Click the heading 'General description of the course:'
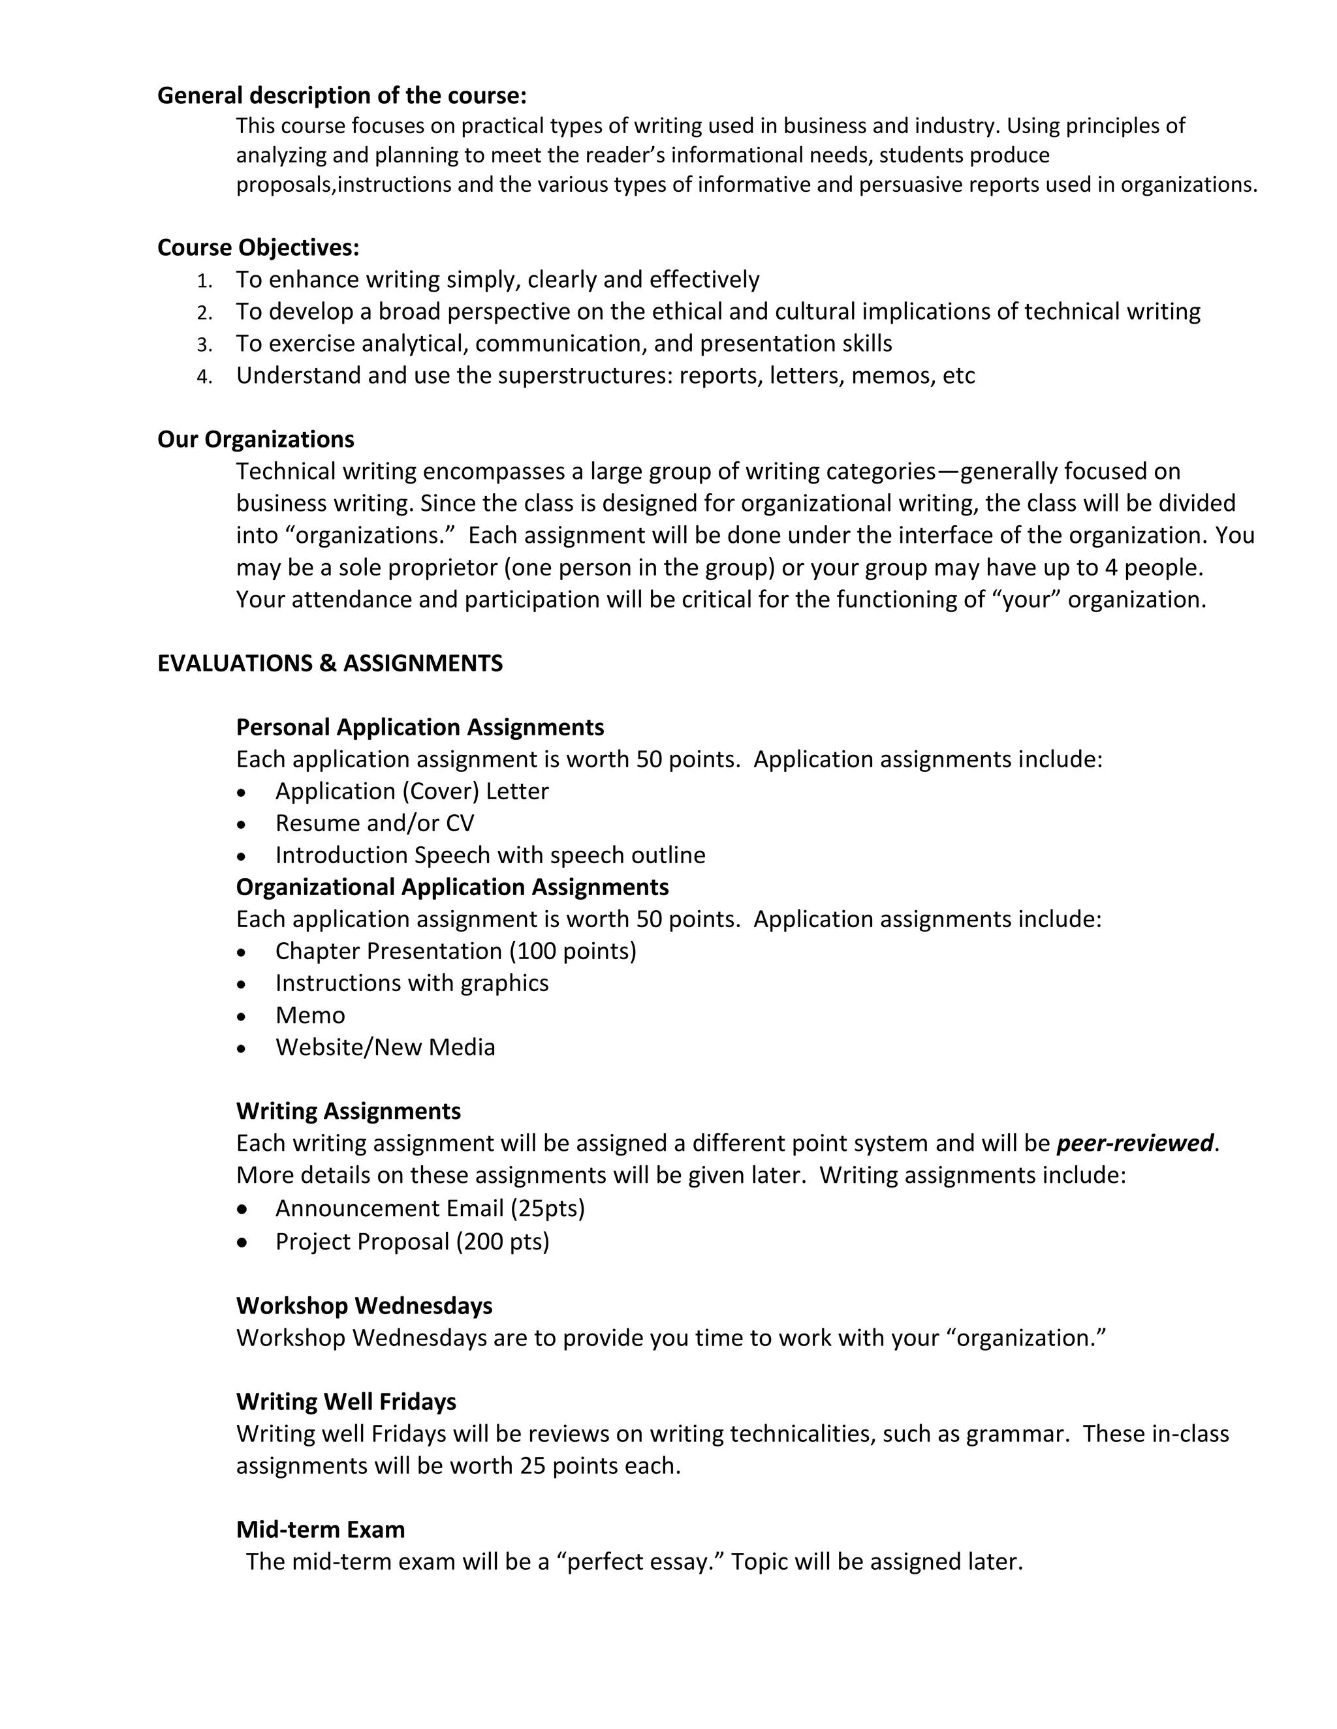pos(341,96)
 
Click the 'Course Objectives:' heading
pos(259,248)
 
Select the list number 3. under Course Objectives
pos(205,344)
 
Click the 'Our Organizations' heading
pos(256,439)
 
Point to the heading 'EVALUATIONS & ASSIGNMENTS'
pos(330,664)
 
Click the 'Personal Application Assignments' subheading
pos(420,727)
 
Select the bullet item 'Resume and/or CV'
pos(374,823)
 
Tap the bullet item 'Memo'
pos(309,1015)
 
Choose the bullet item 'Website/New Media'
pos(385,1047)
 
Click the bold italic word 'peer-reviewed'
pos(1134,1143)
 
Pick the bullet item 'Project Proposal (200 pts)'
pos(412,1242)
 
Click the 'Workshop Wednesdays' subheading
pos(364,1306)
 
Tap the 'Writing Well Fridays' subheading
pos(346,1401)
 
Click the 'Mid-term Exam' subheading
pos(320,1529)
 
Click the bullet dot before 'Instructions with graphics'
pos(242,984)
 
